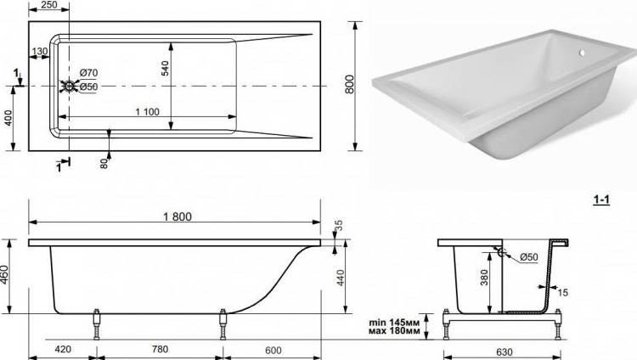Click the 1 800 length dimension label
(x=178, y=217)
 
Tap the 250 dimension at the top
(x=49, y=5)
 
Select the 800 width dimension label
(x=350, y=85)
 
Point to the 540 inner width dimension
(x=165, y=68)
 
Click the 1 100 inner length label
(x=147, y=112)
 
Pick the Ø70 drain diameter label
(x=88, y=73)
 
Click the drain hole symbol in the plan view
(x=69, y=86)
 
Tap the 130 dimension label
(x=40, y=52)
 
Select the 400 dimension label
(x=8, y=118)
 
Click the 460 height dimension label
(x=4, y=275)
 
